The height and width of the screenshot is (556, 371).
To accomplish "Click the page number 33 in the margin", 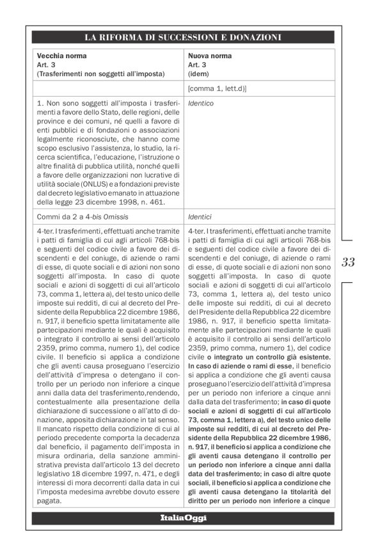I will pyautogui.click(x=348, y=262).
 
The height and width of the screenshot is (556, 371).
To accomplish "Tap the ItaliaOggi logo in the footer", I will pyautogui.click(x=185, y=517).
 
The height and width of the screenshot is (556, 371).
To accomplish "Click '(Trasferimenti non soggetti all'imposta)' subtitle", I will pyautogui.click(x=100, y=74).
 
